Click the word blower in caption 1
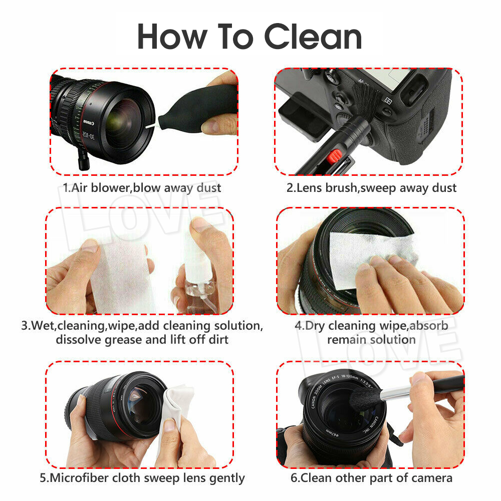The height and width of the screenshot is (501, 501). click(111, 188)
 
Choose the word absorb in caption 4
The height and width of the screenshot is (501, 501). click(429, 326)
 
